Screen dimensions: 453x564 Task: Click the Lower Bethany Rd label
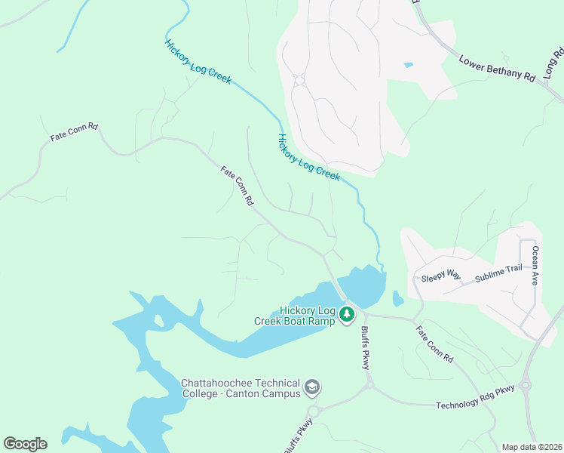tap(497, 67)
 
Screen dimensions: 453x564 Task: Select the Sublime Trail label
tap(498, 274)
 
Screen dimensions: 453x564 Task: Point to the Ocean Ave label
tap(535, 265)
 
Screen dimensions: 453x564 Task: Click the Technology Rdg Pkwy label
tap(475, 397)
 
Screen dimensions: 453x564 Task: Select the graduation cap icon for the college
tap(311, 388)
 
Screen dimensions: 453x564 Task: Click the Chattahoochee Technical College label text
tap(241, 388)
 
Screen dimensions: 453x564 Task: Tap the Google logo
tap(25, 444)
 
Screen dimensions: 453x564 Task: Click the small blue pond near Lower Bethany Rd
tap(408, 66)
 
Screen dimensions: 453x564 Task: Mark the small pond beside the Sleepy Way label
tap(398, 300)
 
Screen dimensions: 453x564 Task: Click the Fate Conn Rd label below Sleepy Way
tap(436, 344)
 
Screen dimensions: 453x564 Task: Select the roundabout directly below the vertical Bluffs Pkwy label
tap(368, 384)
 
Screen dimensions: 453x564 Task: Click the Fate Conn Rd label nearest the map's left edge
tap(74, 132)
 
